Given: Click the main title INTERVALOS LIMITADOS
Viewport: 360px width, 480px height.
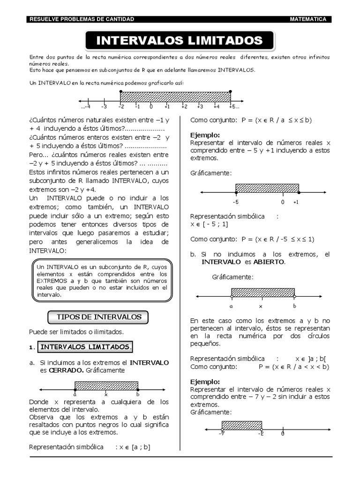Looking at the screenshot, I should point(180,40).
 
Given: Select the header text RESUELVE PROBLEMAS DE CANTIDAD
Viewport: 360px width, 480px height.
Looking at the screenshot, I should point(82,19).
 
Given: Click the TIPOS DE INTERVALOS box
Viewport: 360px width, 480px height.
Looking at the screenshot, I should point(99,317).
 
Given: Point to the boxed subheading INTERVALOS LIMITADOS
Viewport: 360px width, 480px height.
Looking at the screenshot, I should point(85,347).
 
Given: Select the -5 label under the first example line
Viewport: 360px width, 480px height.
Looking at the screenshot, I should point(235,202).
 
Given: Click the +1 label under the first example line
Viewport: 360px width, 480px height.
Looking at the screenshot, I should point(296,202).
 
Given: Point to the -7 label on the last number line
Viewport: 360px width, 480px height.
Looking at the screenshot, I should point(221,434).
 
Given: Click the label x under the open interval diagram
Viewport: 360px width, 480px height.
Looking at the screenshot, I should point(261,306).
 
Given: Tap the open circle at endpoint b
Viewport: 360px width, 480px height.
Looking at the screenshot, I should point(294,297).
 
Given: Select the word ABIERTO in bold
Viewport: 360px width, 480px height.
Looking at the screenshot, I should point(269,262).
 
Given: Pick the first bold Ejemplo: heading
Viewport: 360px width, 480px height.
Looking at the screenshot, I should point(205,135).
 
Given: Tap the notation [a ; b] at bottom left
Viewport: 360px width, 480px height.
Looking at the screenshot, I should point(141,447).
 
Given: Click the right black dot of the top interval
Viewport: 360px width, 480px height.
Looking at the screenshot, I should point(230,92).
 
